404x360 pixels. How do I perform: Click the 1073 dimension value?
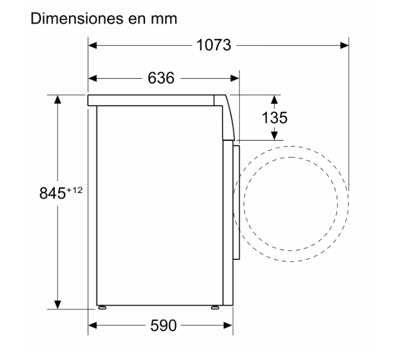[x=214, y=45]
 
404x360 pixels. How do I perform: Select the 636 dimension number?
[x=161, y=78]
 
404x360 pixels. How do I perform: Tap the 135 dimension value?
[x=274, y=118]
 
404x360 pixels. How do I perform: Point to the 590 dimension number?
[x=163, y=326]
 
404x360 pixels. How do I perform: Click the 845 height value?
[x=53, y=193]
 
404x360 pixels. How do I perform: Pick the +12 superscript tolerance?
[x=74, y=190]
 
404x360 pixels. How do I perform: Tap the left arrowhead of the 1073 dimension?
[x=93, y=45]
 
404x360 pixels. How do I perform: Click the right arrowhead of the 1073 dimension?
[x=344, y=45]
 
